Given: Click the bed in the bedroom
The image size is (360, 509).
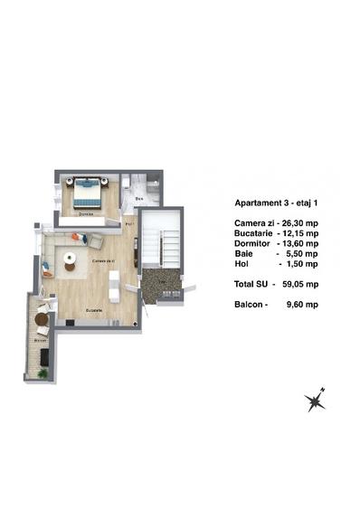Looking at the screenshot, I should [x=88, y=192].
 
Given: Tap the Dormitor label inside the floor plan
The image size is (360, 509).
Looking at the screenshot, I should [x=85, y=213].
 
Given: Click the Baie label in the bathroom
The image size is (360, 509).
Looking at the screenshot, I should [x=139, y=196].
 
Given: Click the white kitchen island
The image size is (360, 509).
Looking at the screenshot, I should [x=115, y=291].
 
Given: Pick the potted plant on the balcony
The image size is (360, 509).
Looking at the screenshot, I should [x=43, y=372].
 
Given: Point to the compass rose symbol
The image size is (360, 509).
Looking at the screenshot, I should [x=316, y=401].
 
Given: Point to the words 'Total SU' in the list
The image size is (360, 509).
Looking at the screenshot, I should [x=251, y=284].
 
